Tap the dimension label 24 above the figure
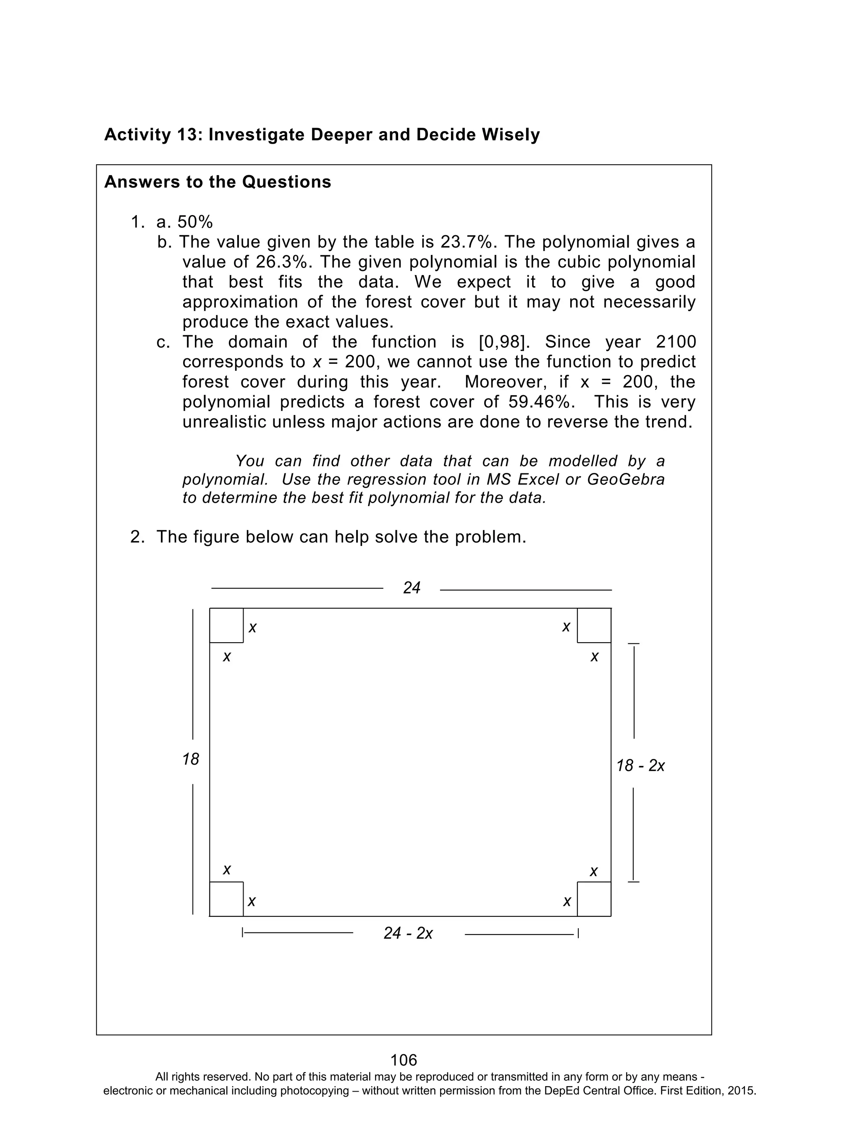pos(412,588)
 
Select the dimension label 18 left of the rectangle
pos(190,759)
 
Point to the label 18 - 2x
pos(640,766)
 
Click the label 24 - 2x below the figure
pos(408,933)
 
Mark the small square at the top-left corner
pos(226,625)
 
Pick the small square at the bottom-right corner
pos(594,899)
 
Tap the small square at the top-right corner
pos(594,625)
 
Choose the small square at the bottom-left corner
pos(226,899)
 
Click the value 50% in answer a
pos(195,222)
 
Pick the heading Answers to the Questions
pos(218,182)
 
